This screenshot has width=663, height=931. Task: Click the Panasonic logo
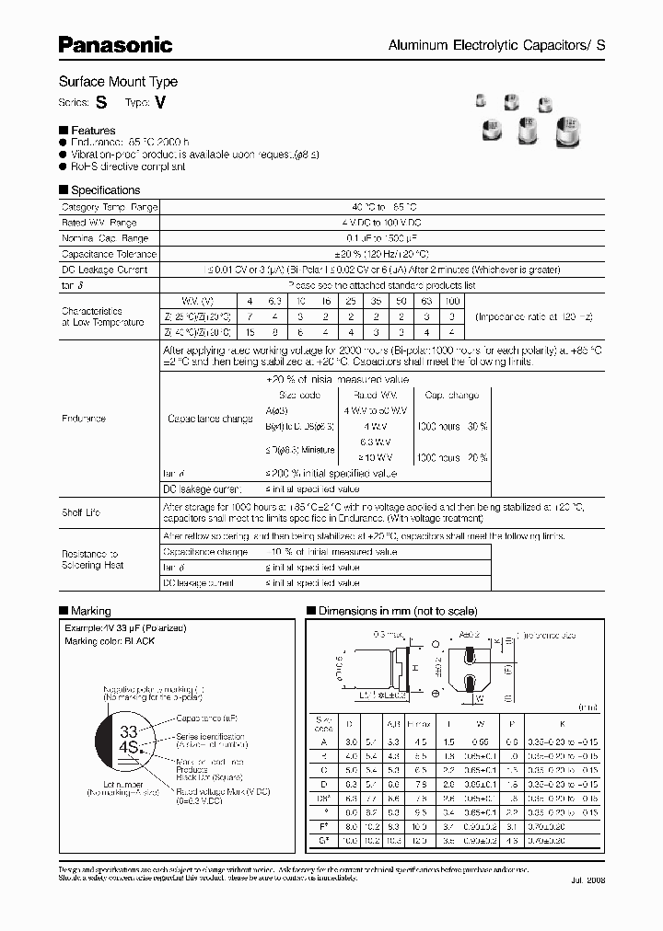pos(115,43)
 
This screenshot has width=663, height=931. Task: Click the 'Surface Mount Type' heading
pos(118,82)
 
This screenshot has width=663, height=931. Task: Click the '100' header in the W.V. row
pos(451,302)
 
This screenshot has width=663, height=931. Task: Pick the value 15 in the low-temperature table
pos(249,332)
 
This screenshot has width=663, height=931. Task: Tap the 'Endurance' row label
pos(83,419)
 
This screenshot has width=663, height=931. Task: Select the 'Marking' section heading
pos(90,611)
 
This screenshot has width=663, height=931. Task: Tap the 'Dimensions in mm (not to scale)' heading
pos(397,611)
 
